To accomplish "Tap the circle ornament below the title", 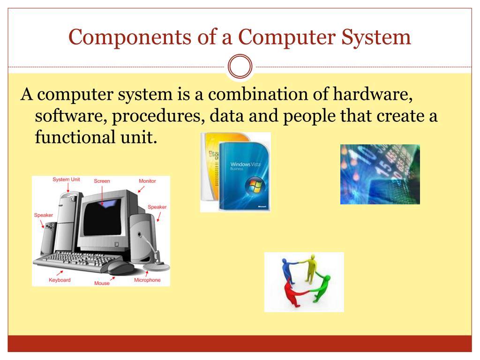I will (x=240, y=67).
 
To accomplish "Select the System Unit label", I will (x=66, y=180).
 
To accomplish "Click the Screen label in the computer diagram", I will (x=102, y=181).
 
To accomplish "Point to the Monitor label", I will (x=147, y=181).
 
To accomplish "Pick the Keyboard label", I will (x=60, y=280).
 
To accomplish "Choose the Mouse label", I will (x=102, y=283).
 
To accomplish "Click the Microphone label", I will (x=147, y=280).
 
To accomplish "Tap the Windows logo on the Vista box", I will (x=255, y=186).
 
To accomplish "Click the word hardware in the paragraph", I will (x=372, y=95).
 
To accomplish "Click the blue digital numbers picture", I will (x=380, y=174).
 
